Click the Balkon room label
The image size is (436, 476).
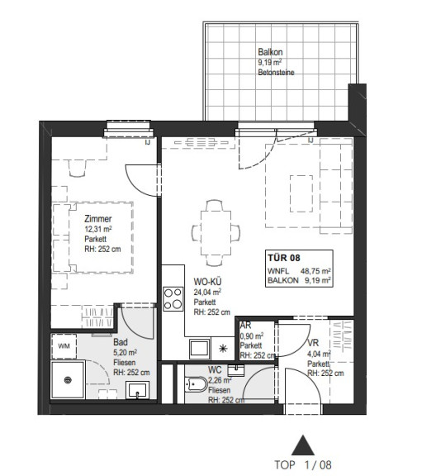tap(270, 52)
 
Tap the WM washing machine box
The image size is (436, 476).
tap(64, 346)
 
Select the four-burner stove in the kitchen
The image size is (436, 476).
tap(173, 298)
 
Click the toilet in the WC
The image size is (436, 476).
tap(196, 384)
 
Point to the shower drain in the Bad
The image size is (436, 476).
tap(68, 380)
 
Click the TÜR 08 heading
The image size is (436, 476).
tap(284, 258)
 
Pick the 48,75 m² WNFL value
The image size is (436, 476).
tap(315, 271)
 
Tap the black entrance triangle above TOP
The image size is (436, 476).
tap(302, 445)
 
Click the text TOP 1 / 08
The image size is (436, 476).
tap(302, 464)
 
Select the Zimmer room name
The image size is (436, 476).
tap(98, 218)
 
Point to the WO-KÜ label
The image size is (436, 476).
tap(207, 282)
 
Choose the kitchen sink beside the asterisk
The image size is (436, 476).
tap(199, 349)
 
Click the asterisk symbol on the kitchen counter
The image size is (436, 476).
tap(223, 348)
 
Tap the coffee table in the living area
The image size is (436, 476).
tap(301, 193)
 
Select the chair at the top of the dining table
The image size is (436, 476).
tap(215, 205)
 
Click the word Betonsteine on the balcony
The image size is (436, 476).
tap(276, 72)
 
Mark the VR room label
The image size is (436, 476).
tap(313, 343)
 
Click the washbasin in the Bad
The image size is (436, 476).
tap(137, 390)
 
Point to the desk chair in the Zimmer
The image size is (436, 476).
tap(77, 169)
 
